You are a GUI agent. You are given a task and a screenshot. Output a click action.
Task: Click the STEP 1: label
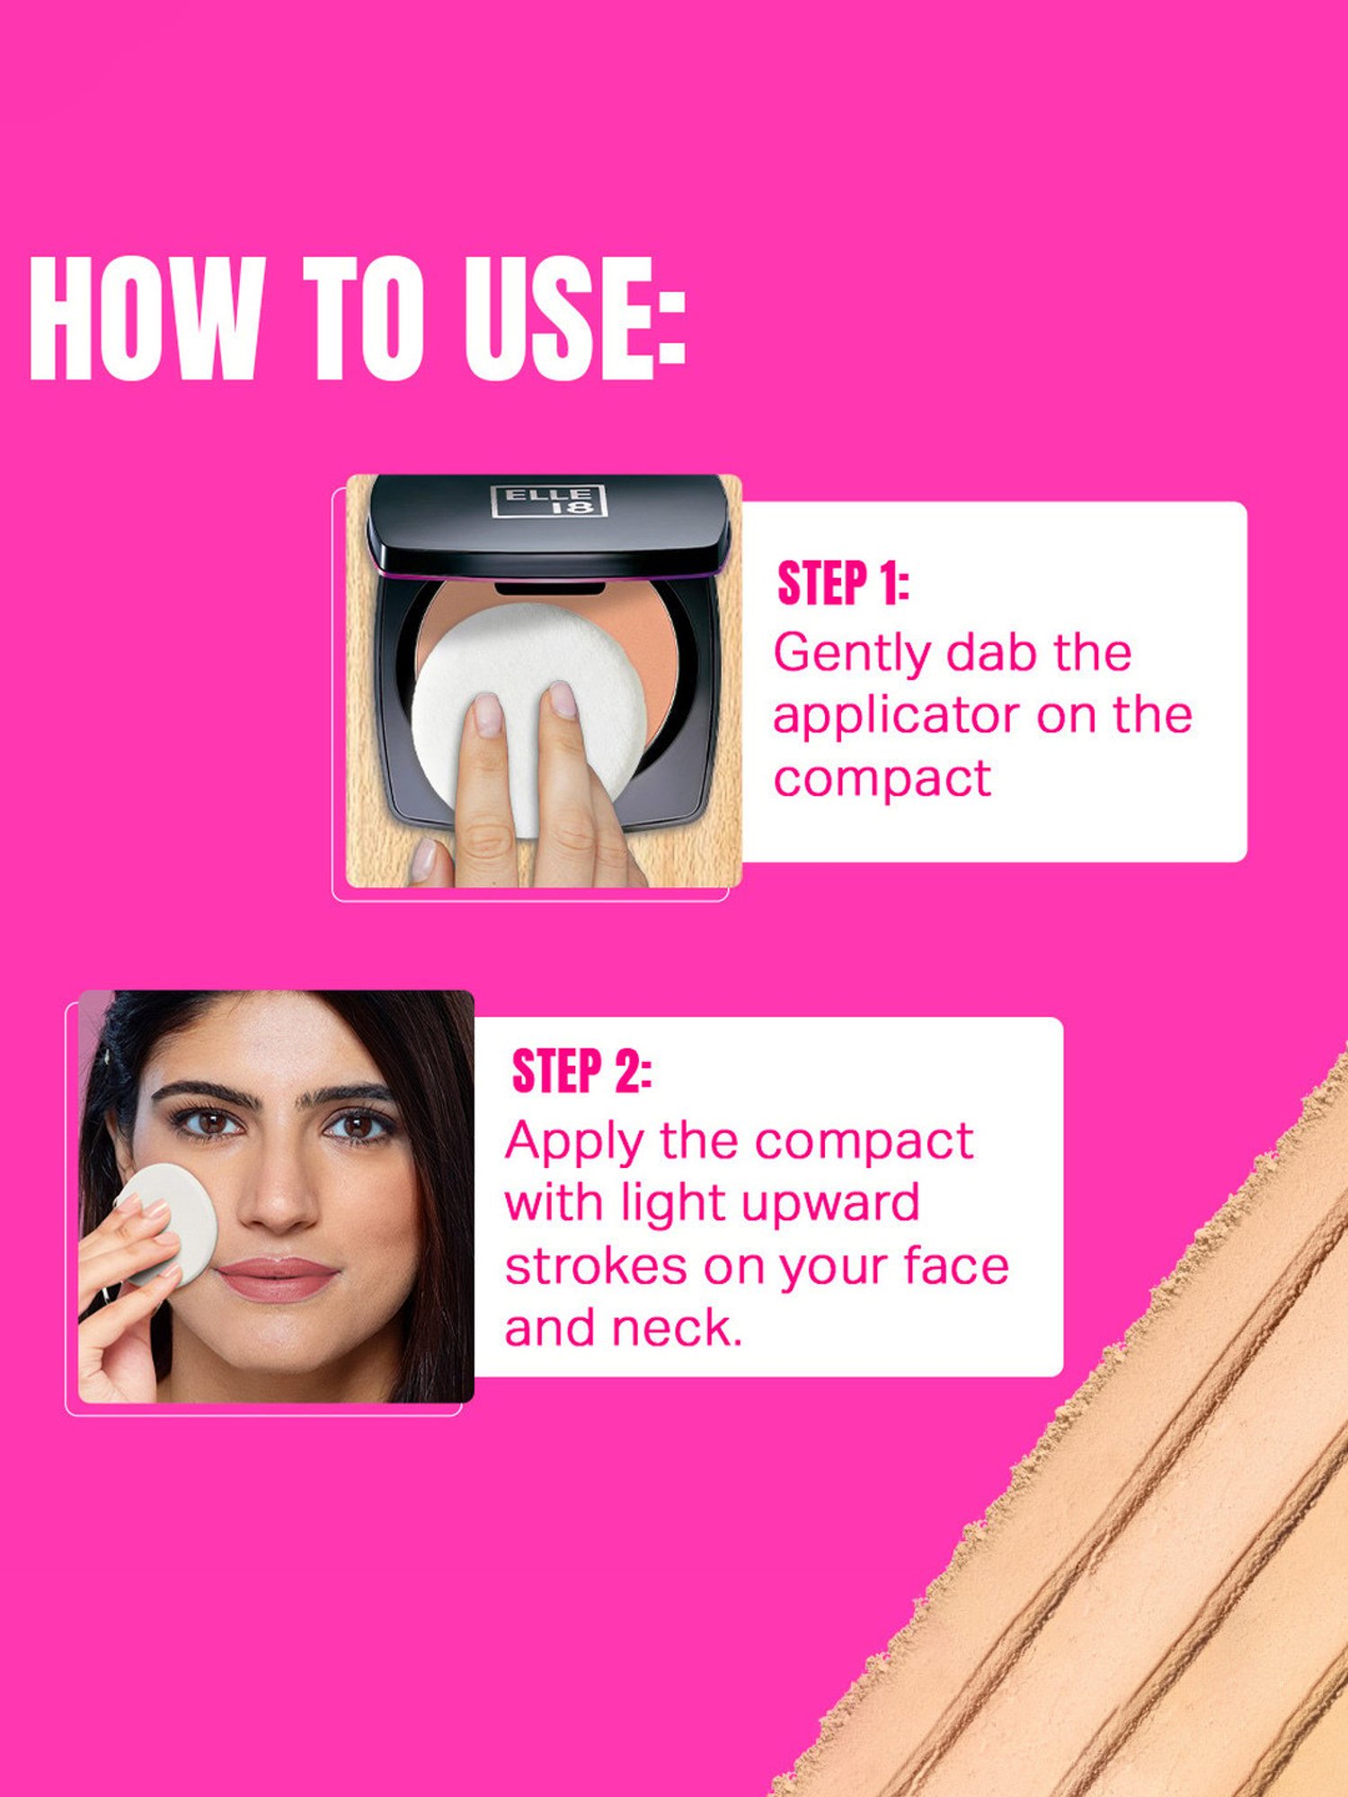click(843, 583)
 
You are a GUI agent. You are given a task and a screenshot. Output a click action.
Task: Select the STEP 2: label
click(581, 1071)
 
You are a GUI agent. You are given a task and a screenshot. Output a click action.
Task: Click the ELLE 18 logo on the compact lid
click(549, 500)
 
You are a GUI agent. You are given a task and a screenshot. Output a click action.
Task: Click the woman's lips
click(277, 1278)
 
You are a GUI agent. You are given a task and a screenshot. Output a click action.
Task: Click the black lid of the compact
click(548, 525)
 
